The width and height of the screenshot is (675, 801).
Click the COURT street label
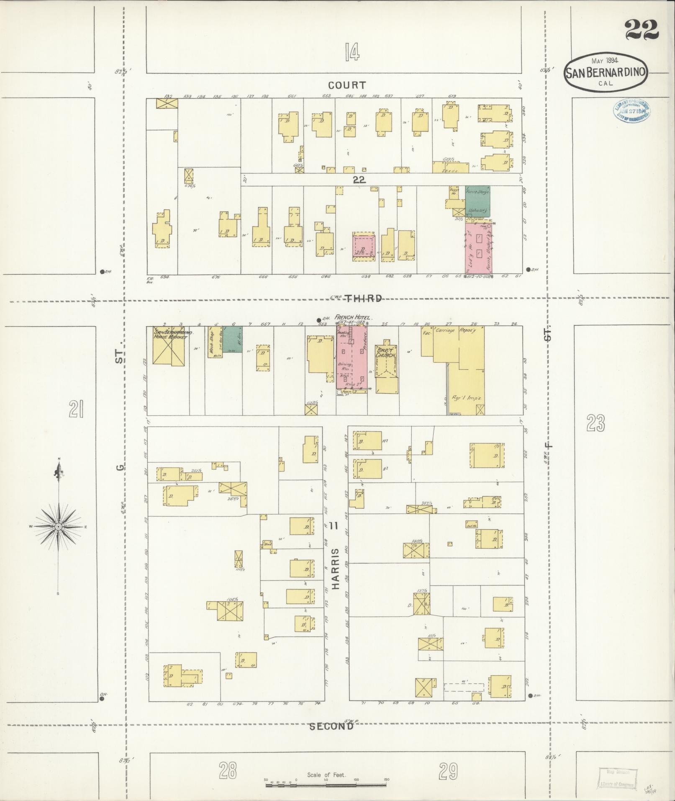[x=347, y=85]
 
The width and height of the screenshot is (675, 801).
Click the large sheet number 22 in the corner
[x=642, y=30]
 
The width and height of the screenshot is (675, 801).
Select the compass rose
[x=59, y=526]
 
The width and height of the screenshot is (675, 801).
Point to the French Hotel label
[x=353, y=317]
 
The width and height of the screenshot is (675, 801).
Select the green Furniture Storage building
[x=477, y=201]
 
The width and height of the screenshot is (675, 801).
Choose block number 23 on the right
[x=595, y=424]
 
